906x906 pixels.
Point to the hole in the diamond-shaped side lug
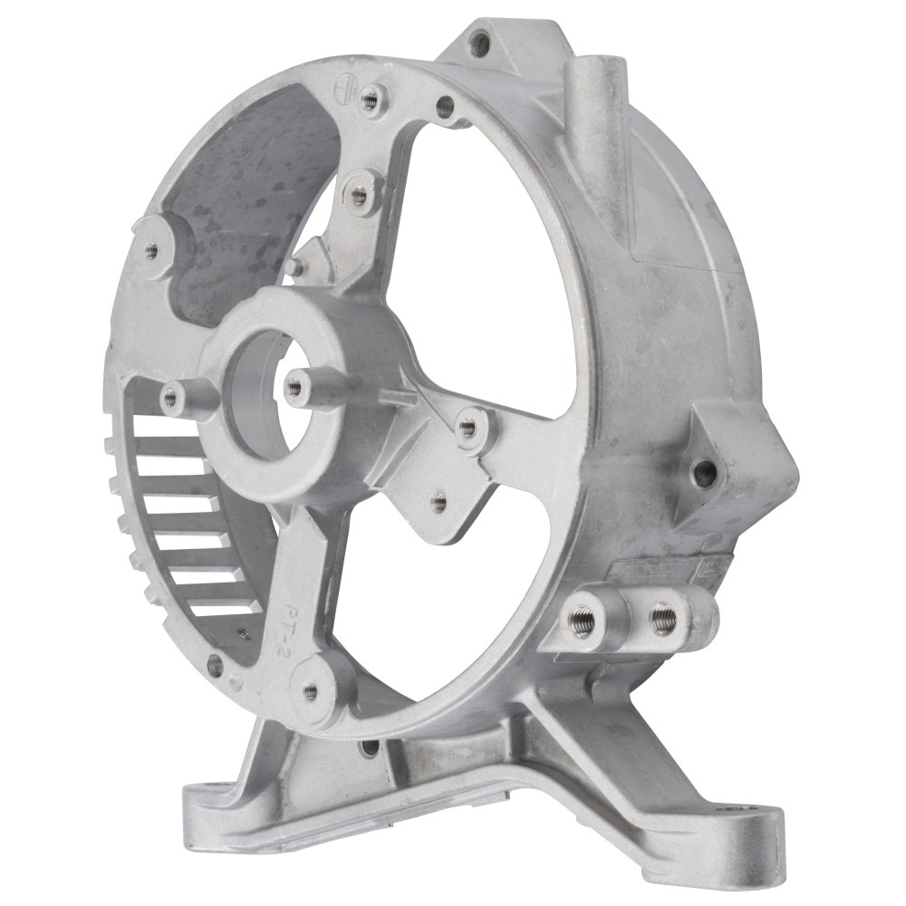(x=703, y=469)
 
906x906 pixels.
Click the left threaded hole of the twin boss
(x=579, y=620)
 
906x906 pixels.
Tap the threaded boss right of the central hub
(x=467, y=426)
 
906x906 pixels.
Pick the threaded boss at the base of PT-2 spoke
(x=311, y=691)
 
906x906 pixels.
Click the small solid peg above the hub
(x=292, y=266)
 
